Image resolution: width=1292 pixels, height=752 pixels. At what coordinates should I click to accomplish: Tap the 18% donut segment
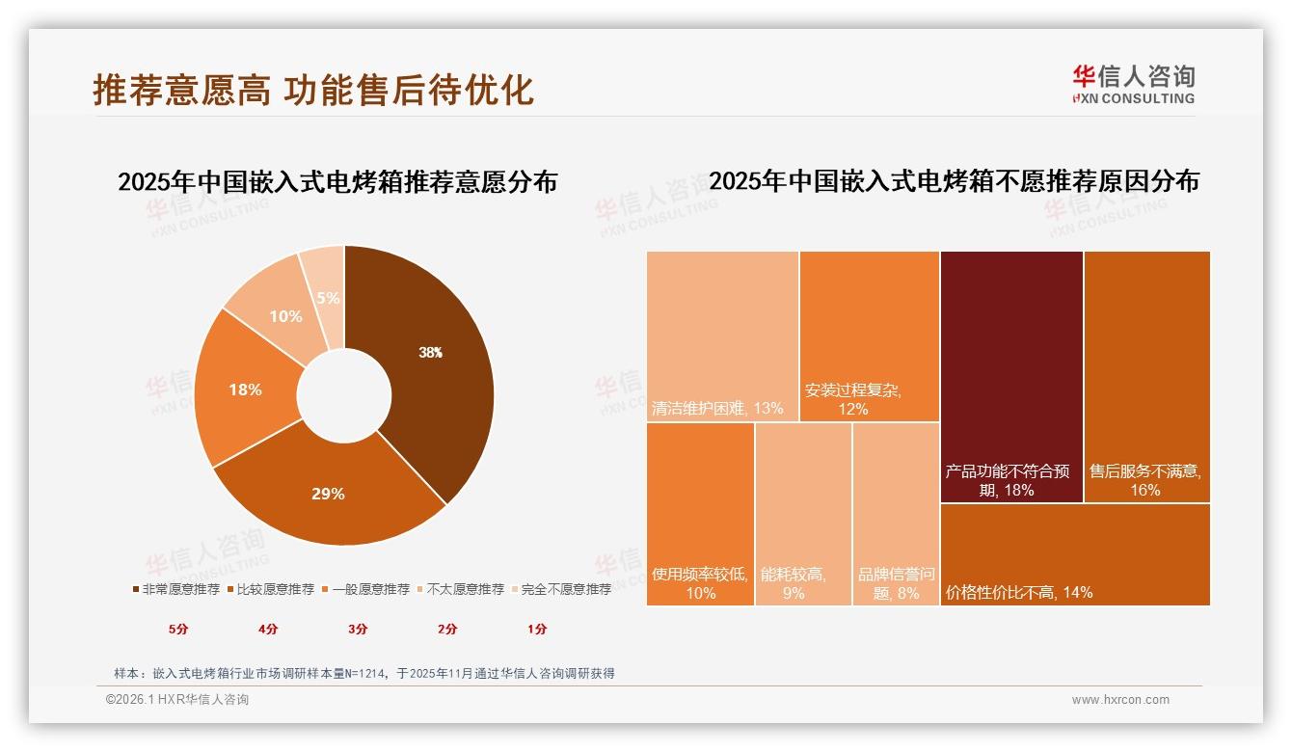click(246, 390)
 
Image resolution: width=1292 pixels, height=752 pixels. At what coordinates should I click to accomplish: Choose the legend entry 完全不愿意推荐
click(560, 589)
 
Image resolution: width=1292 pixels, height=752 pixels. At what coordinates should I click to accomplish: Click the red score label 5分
click(178, 630)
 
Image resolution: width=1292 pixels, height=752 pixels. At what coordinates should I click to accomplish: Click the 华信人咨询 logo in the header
click(1133, 85)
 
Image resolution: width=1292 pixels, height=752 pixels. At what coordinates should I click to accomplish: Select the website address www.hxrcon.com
click(1120, 700)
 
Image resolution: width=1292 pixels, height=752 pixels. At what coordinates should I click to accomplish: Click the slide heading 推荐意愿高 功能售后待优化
click(313, 91)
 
